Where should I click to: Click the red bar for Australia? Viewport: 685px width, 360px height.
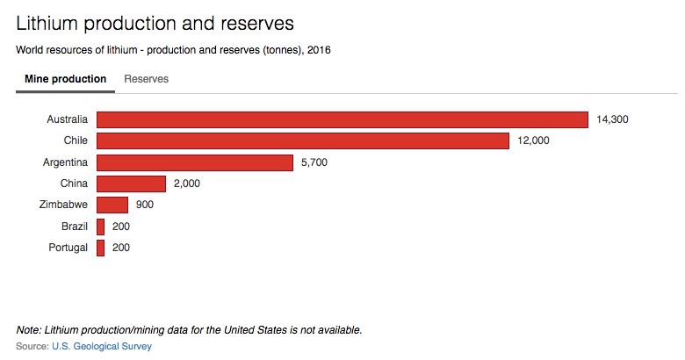pyautogui.click(x=342, y=119)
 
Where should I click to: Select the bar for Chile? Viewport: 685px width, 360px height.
pyautogui.click(x=302, y=140)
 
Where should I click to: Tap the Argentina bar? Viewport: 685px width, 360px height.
pyautogui.click(x=194, y=162)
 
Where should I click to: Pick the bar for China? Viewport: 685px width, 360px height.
pyautogui.click(x=131, y=184)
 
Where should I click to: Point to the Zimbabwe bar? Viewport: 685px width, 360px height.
pyautogui.click(x=112, y=205)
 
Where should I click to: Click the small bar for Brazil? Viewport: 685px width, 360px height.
pyautogui.click(x=101, y=227)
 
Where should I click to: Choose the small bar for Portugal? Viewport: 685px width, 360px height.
pyautogui.click(x=101, y=248)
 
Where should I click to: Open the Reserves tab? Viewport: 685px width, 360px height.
pyautogui.click(x=147, y=79)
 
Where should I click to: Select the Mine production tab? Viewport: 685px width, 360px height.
pyautogui.click(x=65, y=79)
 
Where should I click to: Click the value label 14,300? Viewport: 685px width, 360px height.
pyautogui.click(x=613, y=119)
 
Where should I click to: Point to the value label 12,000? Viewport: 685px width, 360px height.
pyautogui.click(x=534, y=140)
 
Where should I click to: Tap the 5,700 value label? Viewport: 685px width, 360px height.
pyautogui.click(x=314, y=162)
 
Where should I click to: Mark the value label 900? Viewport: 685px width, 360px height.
pyautogui.click(x=145, y=205)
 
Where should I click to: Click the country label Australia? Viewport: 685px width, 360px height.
pyautogui.click(x=67, y=119)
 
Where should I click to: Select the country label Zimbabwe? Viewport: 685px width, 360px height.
pyautogui.click(x=62, y=205)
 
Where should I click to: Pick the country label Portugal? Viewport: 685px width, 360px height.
pyautogui.click(x=68, y=248)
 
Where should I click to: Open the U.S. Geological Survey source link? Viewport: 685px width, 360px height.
pyautogui.click(x=102, y=347)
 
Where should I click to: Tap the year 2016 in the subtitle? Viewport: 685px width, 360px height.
pyautogui.click(x=318, y=49)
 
